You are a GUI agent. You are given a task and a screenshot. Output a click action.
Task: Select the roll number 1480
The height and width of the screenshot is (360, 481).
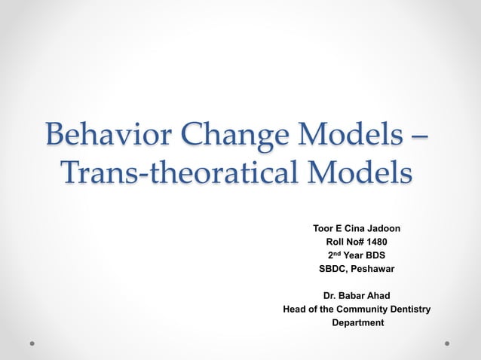pyautogui.click(x=377, y=242)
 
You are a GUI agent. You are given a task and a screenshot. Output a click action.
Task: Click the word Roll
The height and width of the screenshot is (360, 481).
pyautogui.click(x=336, y=242)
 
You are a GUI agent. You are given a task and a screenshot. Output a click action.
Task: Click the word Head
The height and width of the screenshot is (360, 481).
pyautogui.click(x=295, y=310)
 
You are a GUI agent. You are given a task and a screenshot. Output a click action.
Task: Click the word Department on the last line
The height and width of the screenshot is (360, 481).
pyautogui.click(x=358, y=323)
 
